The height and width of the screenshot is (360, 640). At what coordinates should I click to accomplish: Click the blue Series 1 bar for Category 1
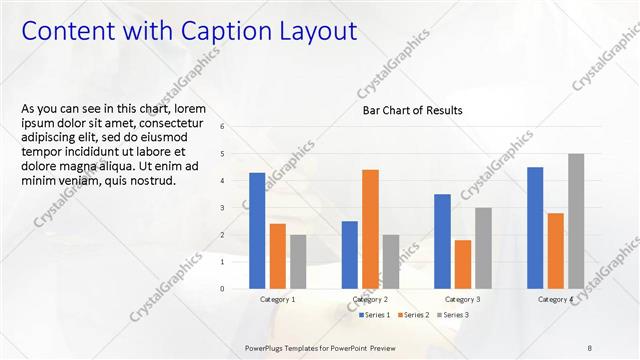click(x=257, y=230)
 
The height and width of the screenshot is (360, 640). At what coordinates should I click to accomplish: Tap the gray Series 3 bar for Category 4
click(x=575, y=221)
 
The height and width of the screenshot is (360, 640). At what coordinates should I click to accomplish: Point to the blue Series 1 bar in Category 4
click(x=535, y=227)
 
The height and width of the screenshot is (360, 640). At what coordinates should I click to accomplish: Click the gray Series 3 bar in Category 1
click(x=298, y=261)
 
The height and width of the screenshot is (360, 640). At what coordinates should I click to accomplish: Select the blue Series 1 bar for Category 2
click(x=350, y=254)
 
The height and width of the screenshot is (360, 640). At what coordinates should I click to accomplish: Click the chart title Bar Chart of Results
click(x=412, y=111)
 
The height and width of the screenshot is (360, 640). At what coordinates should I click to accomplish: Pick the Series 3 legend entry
click(x=452, y=315)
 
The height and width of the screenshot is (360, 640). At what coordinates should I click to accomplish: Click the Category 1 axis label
click(x=277, y=299)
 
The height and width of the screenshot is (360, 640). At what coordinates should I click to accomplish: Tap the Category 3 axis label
click(x=462, y=299)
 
